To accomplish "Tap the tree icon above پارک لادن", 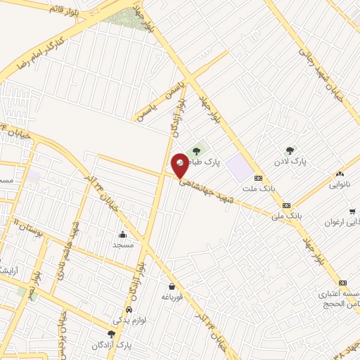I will coord(289,150).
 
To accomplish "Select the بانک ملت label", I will coord(257,189).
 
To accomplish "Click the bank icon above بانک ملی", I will coord(286,205).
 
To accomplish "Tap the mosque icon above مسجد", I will coord(123,234).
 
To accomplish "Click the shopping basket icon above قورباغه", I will coord(172,286).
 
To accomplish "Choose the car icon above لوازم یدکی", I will coord(129,309).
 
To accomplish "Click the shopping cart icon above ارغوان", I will coord(351,211).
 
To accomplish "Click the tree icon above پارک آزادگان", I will coord(111,335).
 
